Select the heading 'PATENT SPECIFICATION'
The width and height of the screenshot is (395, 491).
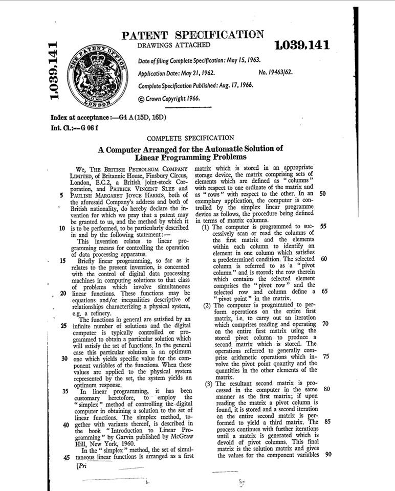[x=192, y=35]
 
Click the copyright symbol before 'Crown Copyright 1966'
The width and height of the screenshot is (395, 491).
[x=142, y=98]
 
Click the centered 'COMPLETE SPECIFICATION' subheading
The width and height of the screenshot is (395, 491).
[x=190, y=138]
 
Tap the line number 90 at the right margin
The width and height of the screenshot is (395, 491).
[x=329, y=455]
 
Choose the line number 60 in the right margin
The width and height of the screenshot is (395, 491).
[x=324, y=258]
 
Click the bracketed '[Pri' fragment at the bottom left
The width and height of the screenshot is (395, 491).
[x=83, y=466]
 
